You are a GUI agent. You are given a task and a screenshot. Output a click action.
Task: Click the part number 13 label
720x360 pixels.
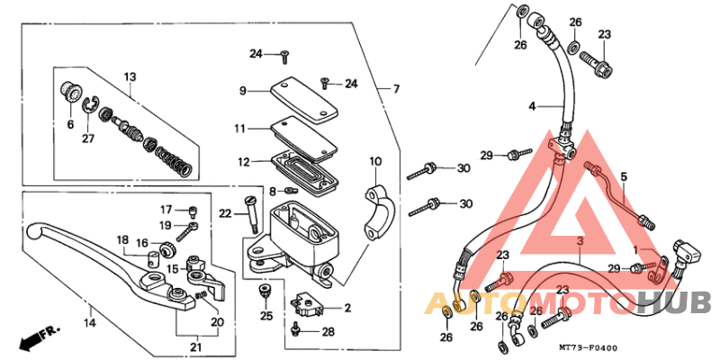point(129,76)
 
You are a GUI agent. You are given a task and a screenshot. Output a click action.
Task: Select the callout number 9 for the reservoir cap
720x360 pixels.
point(242,91)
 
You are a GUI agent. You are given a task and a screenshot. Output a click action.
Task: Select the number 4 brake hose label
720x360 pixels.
point(532,106)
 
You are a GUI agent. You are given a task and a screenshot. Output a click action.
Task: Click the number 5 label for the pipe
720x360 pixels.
point(621,177)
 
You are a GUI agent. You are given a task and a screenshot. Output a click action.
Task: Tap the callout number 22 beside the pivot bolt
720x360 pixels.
point(225,212)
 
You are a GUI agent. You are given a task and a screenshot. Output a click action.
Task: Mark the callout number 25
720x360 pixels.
point(265,316)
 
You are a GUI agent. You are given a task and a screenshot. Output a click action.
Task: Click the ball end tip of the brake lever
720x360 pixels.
point(33,230)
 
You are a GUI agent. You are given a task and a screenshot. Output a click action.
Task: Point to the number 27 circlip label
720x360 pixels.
point(87,139)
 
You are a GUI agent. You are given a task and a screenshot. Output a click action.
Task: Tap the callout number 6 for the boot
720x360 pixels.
point(68,123)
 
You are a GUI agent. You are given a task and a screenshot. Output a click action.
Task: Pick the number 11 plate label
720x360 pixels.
point(240,129)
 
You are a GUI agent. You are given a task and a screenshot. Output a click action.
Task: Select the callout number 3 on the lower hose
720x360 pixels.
point(580,243)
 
